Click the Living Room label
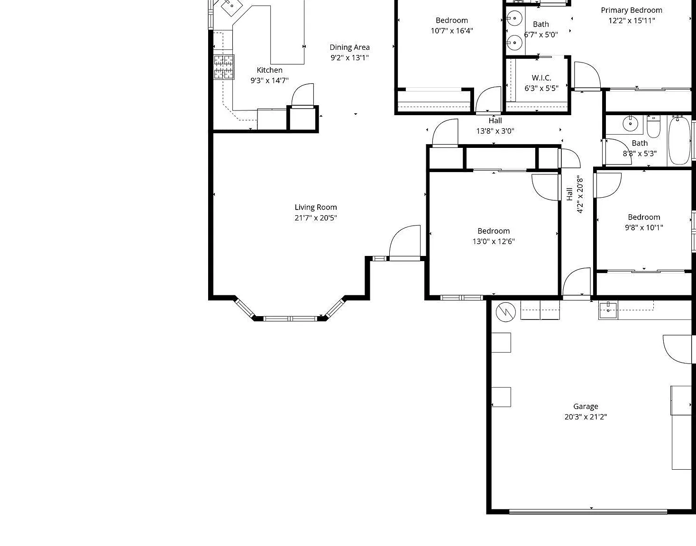tap(315, 208)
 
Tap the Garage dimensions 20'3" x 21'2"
tap(586, 417)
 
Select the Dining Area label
tap(349, 47)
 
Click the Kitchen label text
tap(269, 70)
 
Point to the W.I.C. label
tap(541, 78)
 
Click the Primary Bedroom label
tap(632, 10)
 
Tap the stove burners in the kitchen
tap(224, 67)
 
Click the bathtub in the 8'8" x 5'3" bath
tap(679, 141)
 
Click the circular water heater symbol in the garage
tap(506, 312)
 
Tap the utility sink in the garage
tap(608, 310)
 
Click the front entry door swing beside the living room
tap(404, 242)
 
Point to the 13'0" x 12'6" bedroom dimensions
tap(493, 241)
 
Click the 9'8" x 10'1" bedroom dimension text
tap(644, 227)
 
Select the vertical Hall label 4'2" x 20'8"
tap(575, 194)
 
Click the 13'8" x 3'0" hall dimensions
tap(495, 131)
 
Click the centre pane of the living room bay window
tap(290, 318)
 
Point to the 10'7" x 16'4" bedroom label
tap(452, 26)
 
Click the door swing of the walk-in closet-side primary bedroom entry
tap(587, 76)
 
